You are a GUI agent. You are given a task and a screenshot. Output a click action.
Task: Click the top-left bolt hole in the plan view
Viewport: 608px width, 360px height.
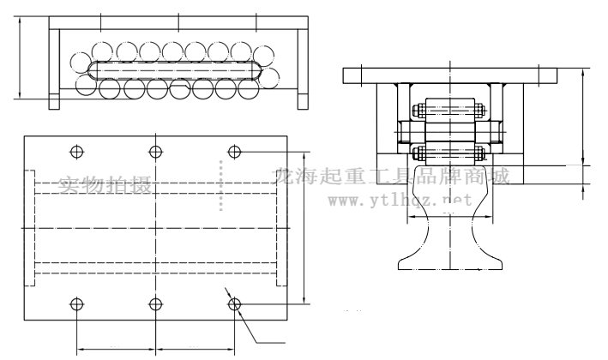click(76, 152)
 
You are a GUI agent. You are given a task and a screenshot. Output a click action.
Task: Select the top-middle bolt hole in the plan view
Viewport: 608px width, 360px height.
click(155, 152)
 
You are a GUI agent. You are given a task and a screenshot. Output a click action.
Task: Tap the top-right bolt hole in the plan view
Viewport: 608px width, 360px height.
click(234, 152)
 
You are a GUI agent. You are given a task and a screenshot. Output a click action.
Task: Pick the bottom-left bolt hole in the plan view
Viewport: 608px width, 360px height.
click(76, 303)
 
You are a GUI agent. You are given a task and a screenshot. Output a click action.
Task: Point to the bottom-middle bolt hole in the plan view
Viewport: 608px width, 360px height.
click(155, 303)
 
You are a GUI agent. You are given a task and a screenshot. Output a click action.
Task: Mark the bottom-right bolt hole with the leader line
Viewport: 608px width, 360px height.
click(234, 303)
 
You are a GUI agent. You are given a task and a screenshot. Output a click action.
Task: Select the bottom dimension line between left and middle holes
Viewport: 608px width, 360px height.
click(116, 349)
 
